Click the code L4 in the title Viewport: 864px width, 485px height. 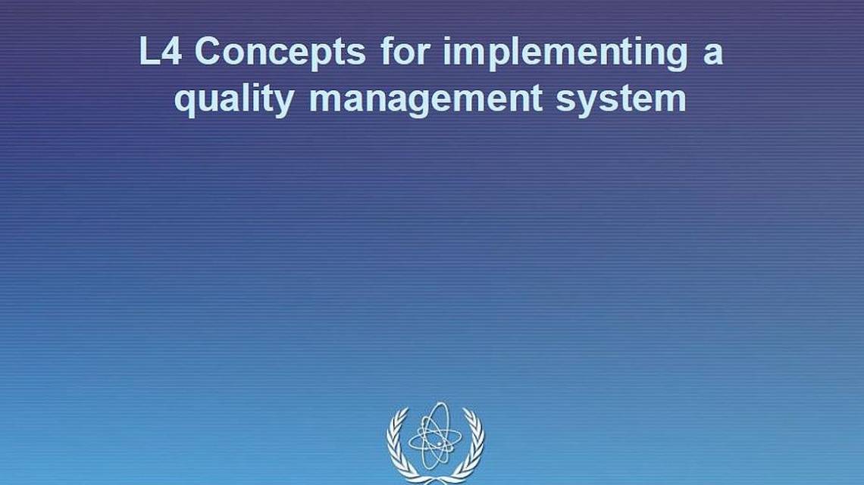click(x=161, y=52)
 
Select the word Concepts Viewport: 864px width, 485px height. click(x=280, y=54)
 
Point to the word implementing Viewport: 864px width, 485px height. click(x=565, y=54)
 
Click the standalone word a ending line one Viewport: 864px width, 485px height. click(x=713, y=55)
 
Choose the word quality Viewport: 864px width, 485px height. click(x=235, y=101)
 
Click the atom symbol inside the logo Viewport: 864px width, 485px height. click(x=435, y=436)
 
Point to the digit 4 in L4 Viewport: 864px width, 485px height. click(x=171, y=52)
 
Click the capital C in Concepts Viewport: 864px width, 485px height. click(x=208, y=52)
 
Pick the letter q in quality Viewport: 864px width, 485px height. click(x=185, y=105)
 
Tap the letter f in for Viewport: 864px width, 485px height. click(x=387, y=51)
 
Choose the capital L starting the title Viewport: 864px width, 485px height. click(x=149, y=52)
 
